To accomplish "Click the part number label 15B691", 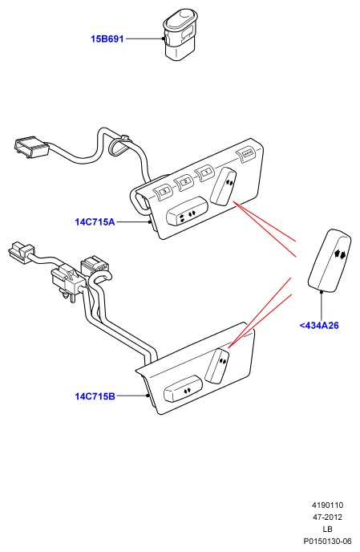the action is pyautogui.click(x=107, y=39).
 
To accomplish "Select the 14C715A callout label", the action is pyautogui.click(x=95, y=222).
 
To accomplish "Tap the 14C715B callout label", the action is pyautogui.click(x=95, y=396).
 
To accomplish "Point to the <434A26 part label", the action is pyautogui.click(x=319, y=326).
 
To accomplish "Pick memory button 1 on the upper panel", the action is pyautogui.click(x=205, y=172).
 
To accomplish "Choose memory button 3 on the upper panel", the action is pyautogui.click(x=163, y=191).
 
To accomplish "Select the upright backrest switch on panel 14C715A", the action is pyautogui.click(x=224, y=186).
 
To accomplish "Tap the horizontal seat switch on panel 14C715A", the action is pyautogui.click(x=187, y=212).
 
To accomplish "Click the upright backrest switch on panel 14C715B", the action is pyautogui.click(x=217, y=366).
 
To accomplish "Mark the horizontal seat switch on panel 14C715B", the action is pyautogui.click(x=184, y=388).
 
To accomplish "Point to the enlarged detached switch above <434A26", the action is pyautogui.click(x=330, y=261).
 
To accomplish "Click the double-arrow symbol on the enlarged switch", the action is pyautogui.click(x=340, y=254).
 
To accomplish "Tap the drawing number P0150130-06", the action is pyautogui.click(x=328, y=541).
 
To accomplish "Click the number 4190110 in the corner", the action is pyautogui.click(x=327, y=505).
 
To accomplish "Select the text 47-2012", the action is pyautogui.click(x=327, y=517).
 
